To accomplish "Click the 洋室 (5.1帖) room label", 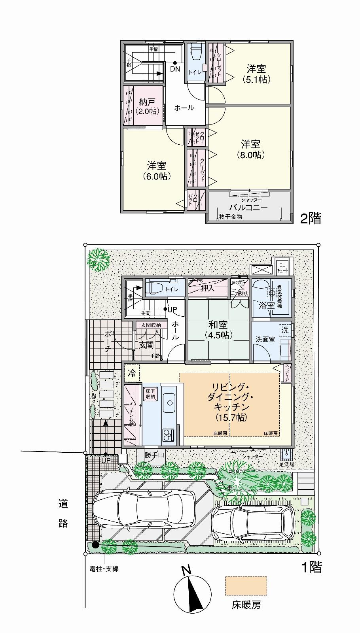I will pos(256,74).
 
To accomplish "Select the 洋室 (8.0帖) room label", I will pos(251,149).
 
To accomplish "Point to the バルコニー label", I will pos(248,208).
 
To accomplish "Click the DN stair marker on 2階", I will pos(175,69).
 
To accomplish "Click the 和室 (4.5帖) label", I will pos(218,329).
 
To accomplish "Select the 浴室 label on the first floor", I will pos(266,306).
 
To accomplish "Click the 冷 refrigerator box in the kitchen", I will pos(132,373).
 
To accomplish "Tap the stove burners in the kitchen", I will pos(168,435).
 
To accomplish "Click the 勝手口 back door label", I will pos(154,455).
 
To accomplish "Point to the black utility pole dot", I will pos(95,544).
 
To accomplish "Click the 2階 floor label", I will pos(311,219).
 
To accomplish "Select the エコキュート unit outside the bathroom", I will pos(282,268).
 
